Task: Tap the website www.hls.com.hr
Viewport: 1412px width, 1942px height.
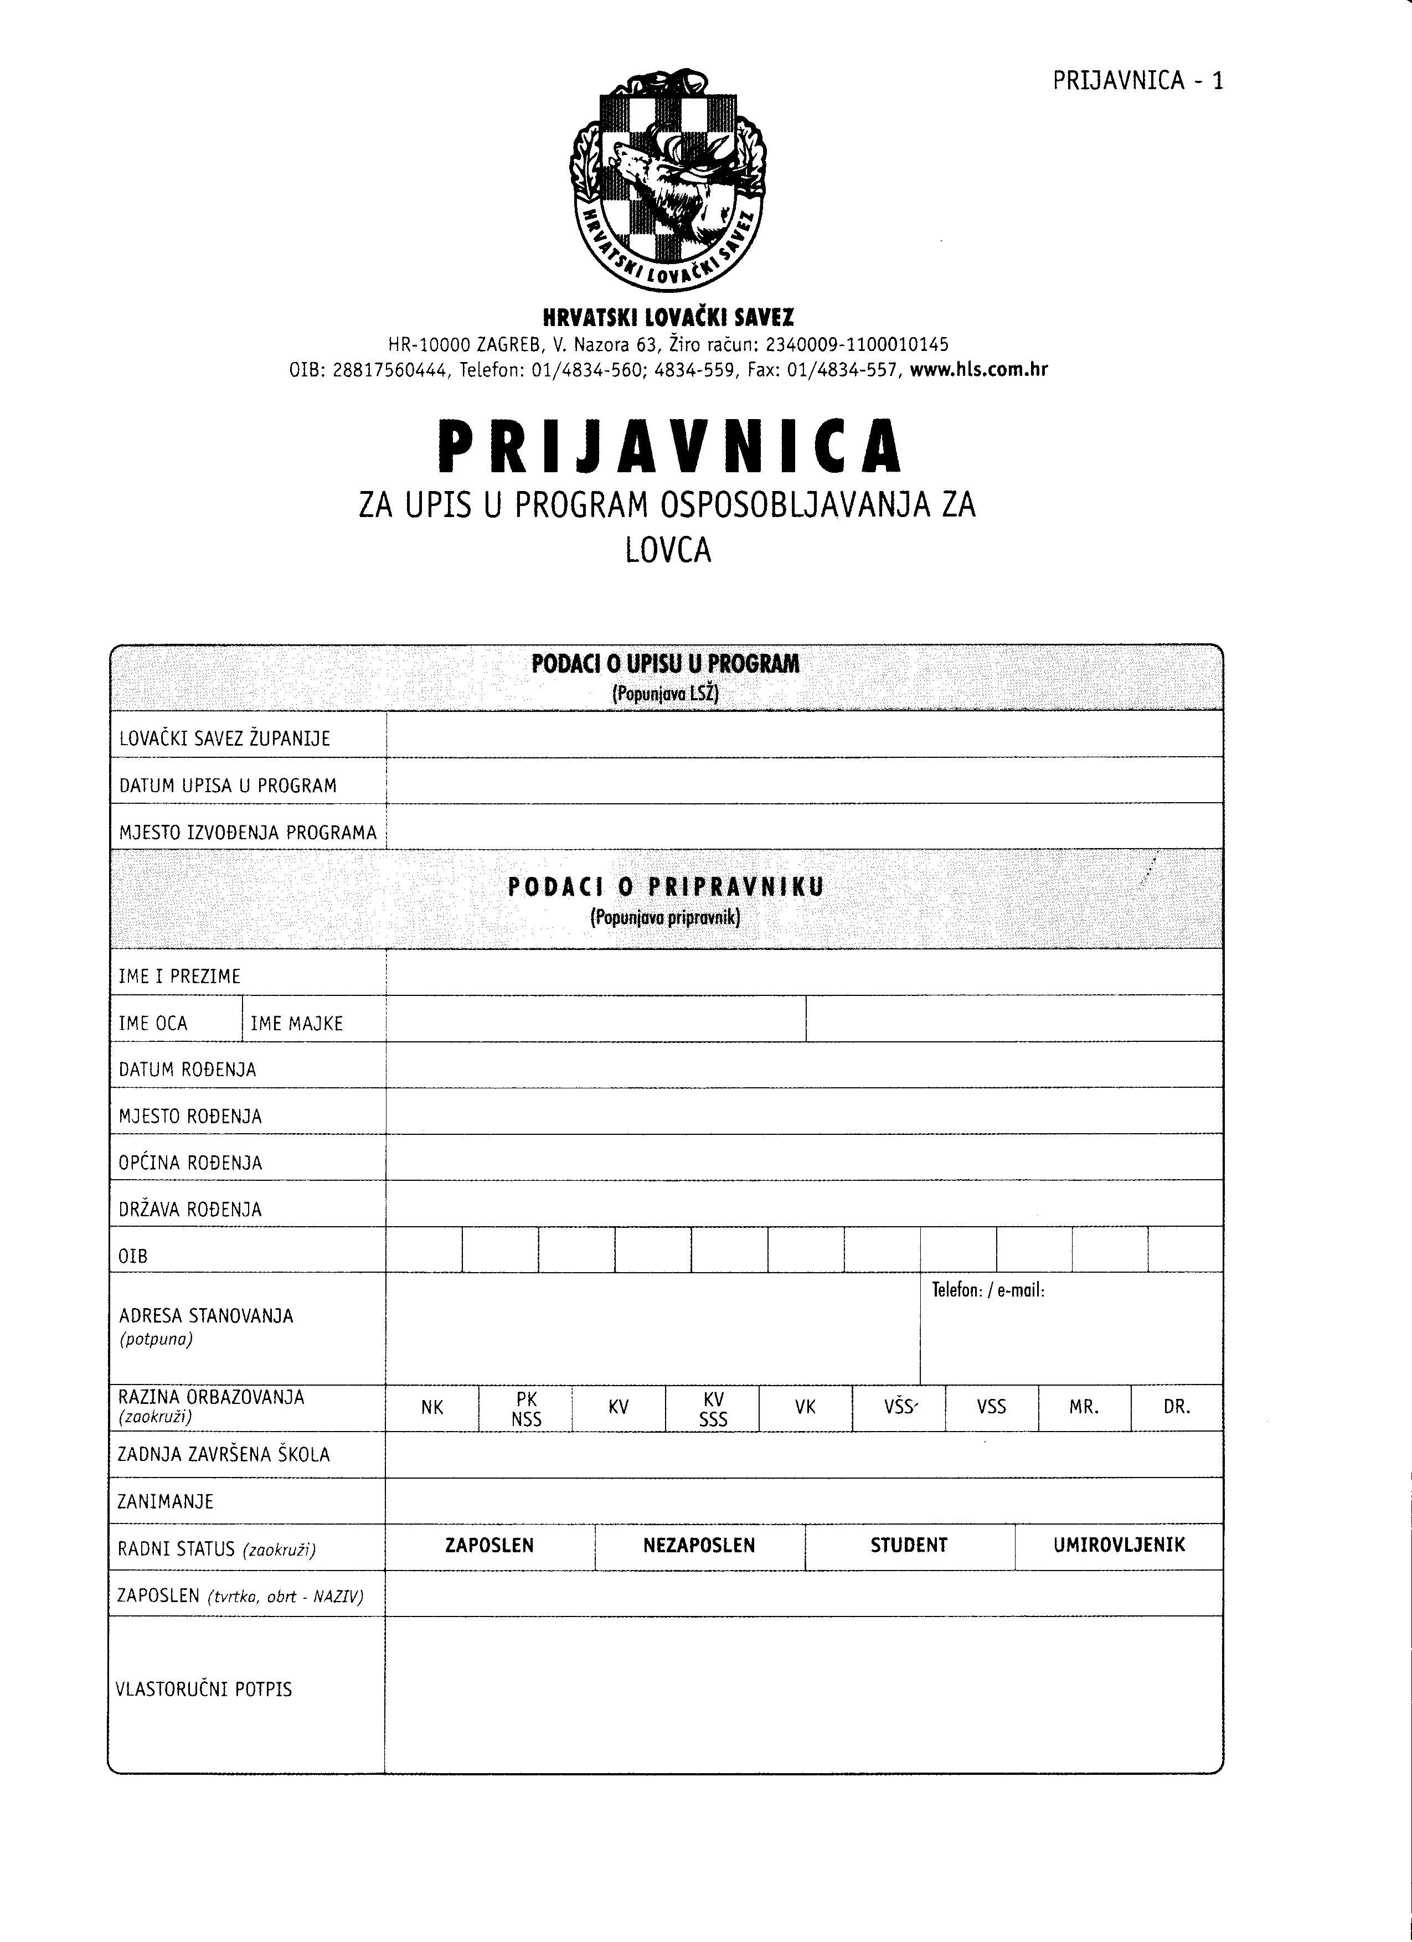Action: [x=979, y=370]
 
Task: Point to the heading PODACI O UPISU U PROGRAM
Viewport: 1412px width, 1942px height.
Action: [x=666, y=664]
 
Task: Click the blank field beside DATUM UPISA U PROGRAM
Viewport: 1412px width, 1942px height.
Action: [x=803, y=780]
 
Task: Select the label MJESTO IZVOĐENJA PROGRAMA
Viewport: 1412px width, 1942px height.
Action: [x=248, y=832]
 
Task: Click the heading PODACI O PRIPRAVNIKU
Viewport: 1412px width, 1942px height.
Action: [x=666, y=887]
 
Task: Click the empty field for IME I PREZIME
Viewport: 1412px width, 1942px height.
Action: [x=803, y=972]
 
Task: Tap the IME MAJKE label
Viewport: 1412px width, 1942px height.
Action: [x=296, y=1023]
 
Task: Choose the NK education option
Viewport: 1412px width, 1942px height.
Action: [x=432, y=1407]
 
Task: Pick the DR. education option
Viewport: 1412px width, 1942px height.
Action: [x=1177, y=1407]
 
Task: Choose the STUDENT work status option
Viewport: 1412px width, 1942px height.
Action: [x=909, y=1546]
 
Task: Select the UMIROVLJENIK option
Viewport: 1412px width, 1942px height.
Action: [x=1119, y=1545]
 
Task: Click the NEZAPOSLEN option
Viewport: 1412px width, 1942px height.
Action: [x=699, y=1546]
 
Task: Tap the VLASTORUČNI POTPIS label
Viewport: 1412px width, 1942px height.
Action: [x=204, y=1690]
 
